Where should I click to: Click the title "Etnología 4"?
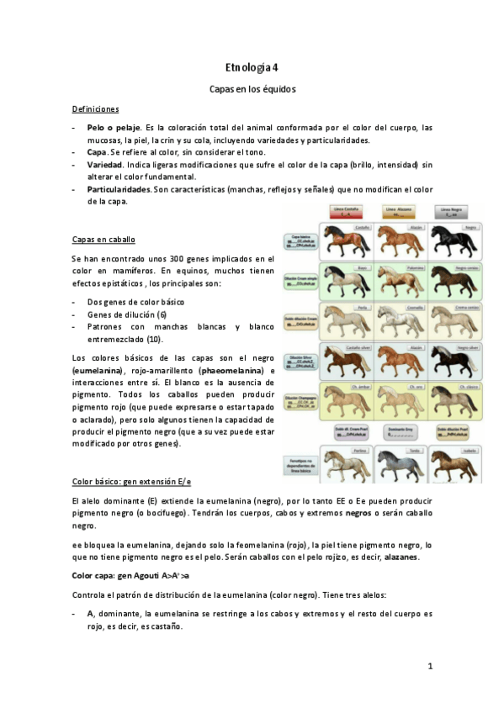click(x=252, y=67)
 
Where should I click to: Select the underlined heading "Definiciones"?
click(x=95, y=109)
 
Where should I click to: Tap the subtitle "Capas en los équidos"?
click(x=252, y=88)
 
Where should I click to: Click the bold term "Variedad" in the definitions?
click(x=104, y=165)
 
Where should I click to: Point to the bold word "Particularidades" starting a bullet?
click(x=119, y=189)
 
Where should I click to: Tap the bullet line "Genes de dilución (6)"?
click(x=126, y=314)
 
